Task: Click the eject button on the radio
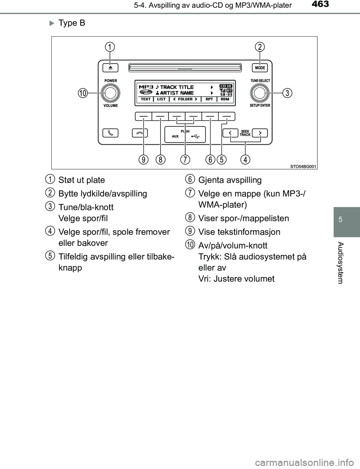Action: (x=110, y=68)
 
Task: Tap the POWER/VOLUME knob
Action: (x=110, y=93)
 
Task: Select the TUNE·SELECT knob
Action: (x=260, y=93)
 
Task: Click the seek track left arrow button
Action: (x=230, y=133)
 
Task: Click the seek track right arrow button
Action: (x=260, y=133)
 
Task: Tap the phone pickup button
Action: (x=110, y=133)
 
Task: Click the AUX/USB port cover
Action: (x=185, y=135)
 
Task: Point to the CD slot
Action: (x=185, y=67)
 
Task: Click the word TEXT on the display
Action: (x=145, y=99)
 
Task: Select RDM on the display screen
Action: (x=225, y=99)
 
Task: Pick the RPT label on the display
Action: (x=209, y=99)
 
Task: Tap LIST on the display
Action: (x=161, y=99)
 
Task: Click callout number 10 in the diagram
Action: (x=82, y=93)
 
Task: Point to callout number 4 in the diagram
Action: (x=245, y=160)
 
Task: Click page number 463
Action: (x=320, y=4)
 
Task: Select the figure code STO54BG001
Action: (x=303, y=166)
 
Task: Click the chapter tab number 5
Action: (x=340, y=219)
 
